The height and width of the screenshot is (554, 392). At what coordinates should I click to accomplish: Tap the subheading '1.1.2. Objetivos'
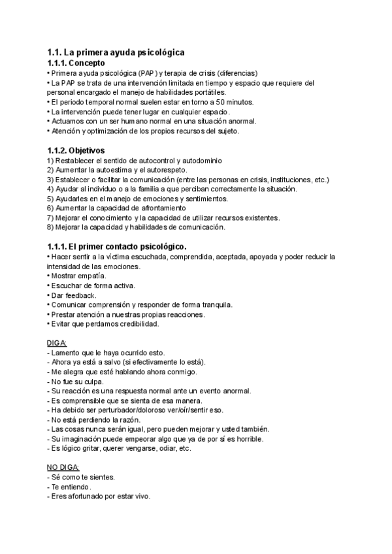(x=76, y=150)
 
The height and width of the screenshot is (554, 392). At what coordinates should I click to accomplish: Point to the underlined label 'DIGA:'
(x=57, y=343)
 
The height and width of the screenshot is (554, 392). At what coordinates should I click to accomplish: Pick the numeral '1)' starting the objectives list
(x=51, y=161)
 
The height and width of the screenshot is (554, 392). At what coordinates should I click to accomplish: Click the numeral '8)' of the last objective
(x=51, y=227)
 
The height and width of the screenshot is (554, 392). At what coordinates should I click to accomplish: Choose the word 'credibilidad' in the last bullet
(x=136, y=323)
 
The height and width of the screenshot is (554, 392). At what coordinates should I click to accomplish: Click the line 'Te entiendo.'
(x=71, y=487)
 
